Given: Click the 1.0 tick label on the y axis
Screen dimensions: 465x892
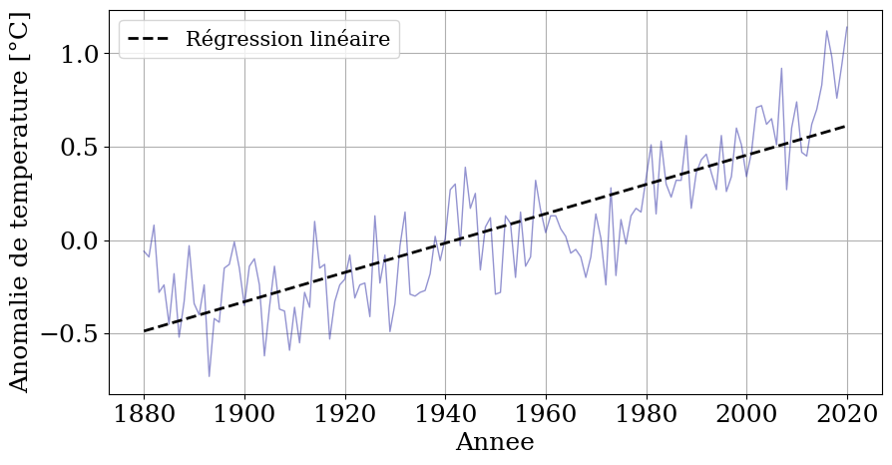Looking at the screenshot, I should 81,54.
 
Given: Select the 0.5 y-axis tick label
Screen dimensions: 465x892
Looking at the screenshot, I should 81,148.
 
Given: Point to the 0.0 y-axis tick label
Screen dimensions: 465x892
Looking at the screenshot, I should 81,241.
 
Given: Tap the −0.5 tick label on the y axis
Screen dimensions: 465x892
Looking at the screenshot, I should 71,334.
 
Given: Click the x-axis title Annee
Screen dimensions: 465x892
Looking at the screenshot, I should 495,443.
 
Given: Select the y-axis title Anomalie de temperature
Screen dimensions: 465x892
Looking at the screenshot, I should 20,203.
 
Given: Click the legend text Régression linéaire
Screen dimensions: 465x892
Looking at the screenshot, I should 287,41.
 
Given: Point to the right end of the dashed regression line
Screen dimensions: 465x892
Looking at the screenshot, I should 847,126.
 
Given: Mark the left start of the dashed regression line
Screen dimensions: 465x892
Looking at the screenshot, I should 145,331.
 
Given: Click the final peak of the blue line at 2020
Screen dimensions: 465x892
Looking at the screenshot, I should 847,27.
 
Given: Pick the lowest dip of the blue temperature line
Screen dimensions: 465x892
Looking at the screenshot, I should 210,376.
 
